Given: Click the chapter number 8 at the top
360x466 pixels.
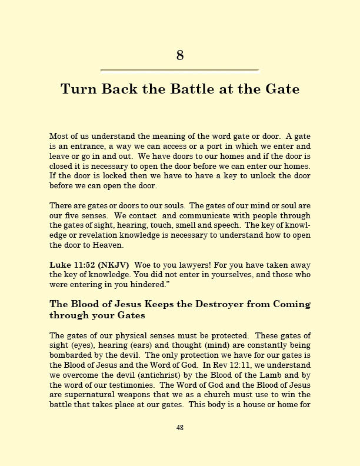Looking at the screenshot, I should pos(180,55).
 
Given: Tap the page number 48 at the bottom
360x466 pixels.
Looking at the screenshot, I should pos(180,428).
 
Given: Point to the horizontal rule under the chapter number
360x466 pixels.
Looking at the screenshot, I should pos(180,71).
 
